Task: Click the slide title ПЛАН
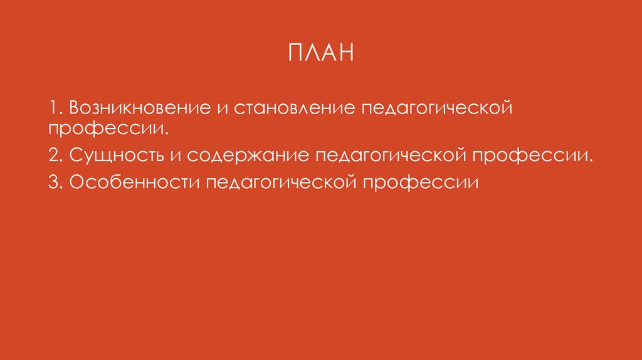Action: coord(321,53)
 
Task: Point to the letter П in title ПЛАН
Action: coord(295,53)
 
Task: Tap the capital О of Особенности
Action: coord(77,183)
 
